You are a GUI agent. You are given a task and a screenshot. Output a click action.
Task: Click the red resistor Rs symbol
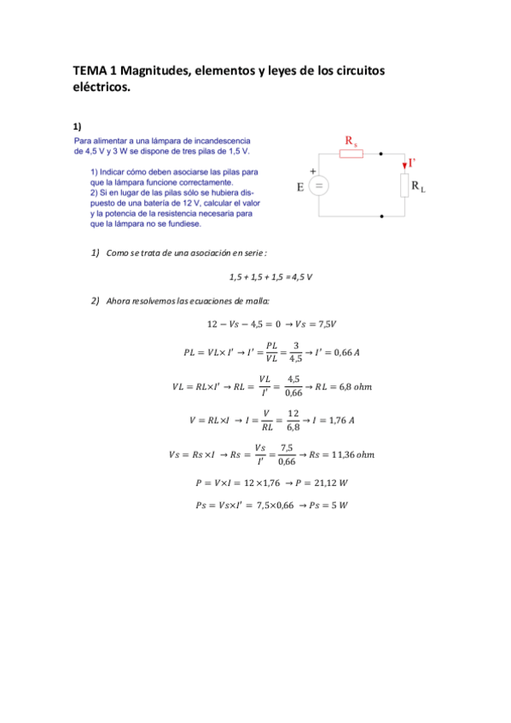[351, 153]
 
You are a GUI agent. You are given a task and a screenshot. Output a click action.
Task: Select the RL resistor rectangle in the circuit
[404, 186]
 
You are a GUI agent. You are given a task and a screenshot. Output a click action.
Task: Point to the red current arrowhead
[404, 165]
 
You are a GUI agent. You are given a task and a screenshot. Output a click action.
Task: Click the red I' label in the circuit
[413, 162]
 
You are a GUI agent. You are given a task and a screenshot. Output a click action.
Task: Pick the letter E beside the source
[301, 188]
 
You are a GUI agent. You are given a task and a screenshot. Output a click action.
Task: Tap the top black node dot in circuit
[380, 153]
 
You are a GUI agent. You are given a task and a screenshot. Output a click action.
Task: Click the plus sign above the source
[313, 171]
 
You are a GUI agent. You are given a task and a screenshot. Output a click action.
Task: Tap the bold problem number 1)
[77, 125]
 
